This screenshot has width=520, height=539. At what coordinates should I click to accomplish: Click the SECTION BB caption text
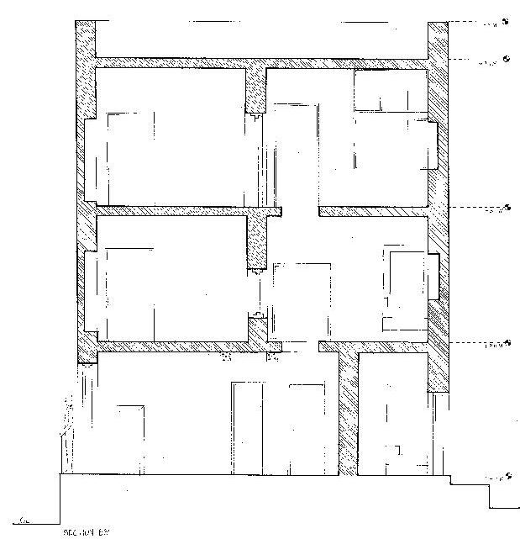tap(87, 531)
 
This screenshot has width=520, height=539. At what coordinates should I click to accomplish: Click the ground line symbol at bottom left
tap(28, 521)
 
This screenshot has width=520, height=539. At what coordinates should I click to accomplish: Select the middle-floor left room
tap(168, 277)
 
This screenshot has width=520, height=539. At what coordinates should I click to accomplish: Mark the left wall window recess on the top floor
tap(91, 160)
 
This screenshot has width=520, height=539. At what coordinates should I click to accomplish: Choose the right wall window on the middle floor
tap(434, 276)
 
